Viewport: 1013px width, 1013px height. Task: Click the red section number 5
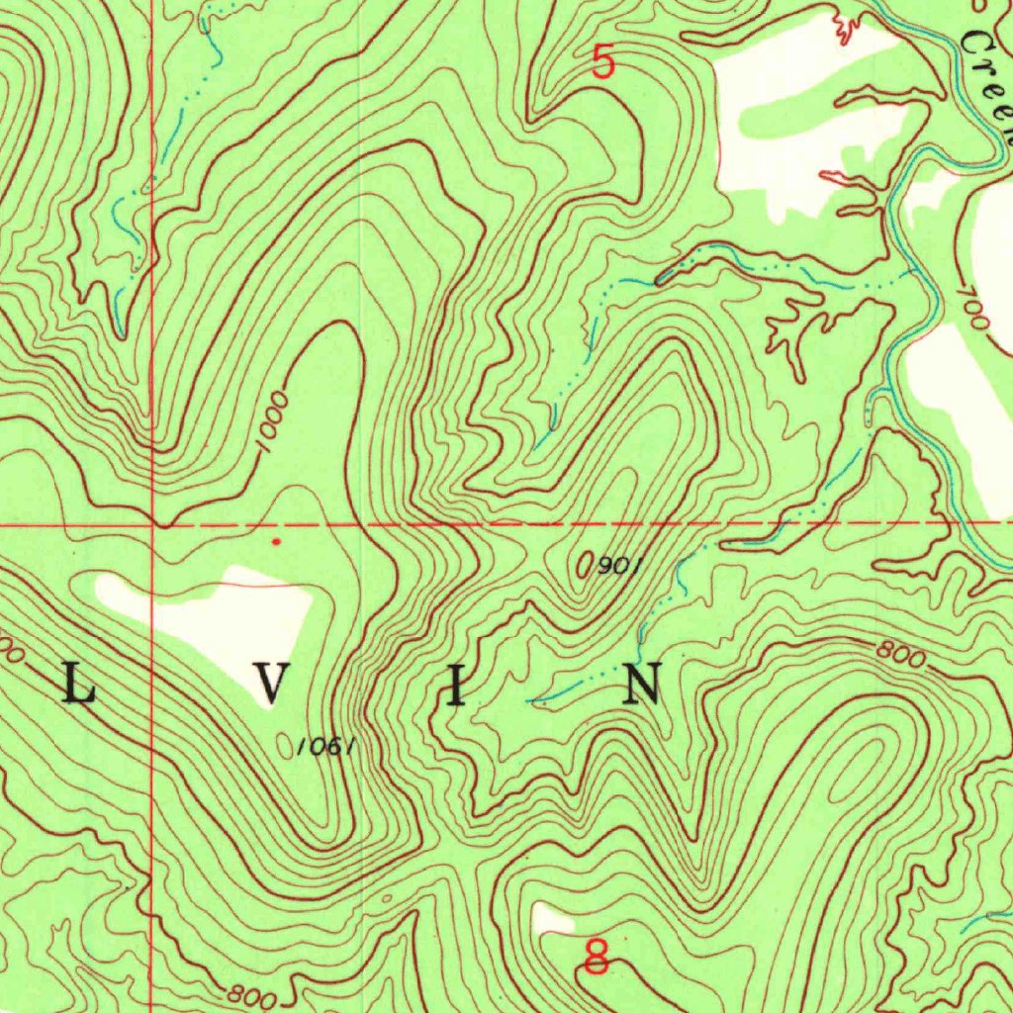pos(603,62)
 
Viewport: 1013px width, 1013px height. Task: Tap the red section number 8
pos(596,958)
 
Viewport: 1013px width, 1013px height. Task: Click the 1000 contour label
pos(274,422)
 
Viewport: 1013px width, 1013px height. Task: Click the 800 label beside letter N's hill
pos(900,656)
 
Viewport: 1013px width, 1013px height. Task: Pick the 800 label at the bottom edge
pos(250,996)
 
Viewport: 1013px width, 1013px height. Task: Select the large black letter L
pos(79,685)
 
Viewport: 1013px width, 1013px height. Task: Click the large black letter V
pos(274,685)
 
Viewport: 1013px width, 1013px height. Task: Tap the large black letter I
pos(455,685)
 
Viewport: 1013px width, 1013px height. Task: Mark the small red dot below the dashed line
pos(276,541)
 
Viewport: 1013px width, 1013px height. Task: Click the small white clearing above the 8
pos(552,919)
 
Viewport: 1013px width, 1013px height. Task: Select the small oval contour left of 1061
pos(286,745)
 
